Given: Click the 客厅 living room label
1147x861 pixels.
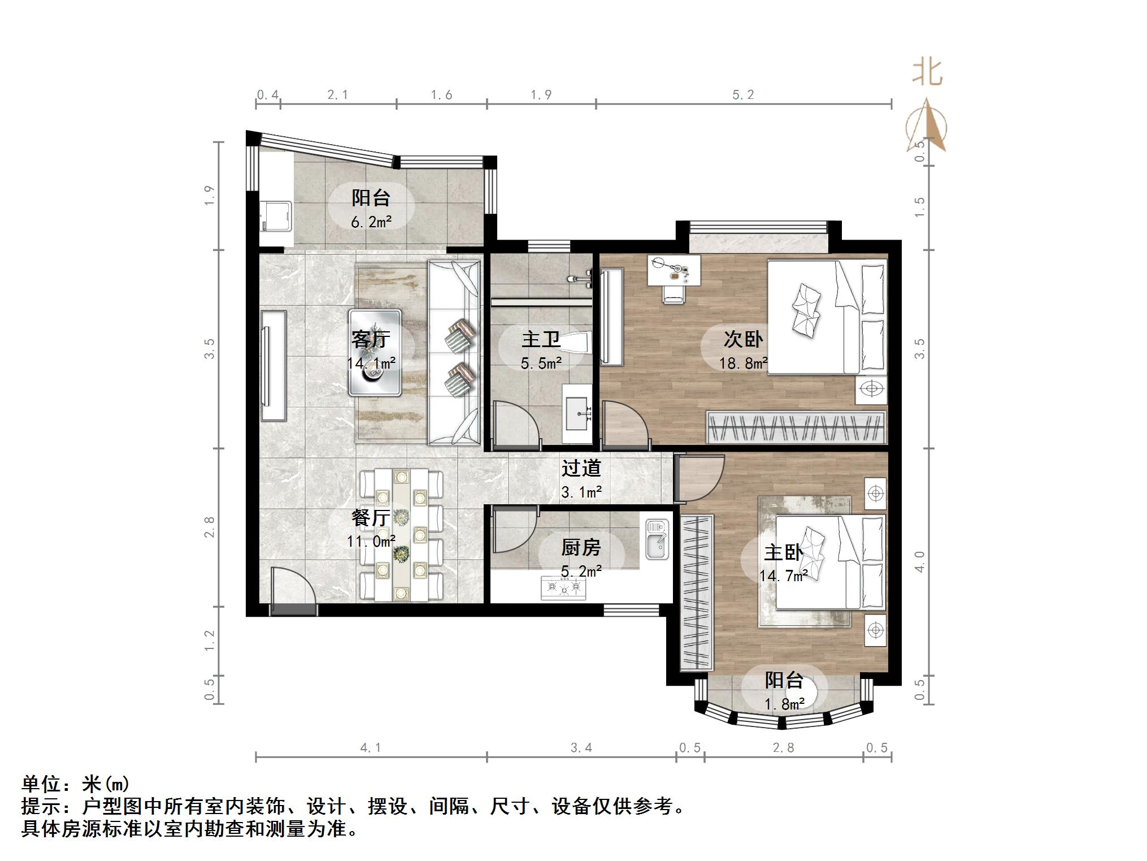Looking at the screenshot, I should click(371, 339).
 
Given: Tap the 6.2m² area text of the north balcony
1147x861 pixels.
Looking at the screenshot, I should click(371, 222).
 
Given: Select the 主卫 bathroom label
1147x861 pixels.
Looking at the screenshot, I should click(541, 339).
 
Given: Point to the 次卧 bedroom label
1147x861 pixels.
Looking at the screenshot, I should click(743, 339).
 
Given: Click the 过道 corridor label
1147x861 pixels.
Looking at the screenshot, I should click(581, 468).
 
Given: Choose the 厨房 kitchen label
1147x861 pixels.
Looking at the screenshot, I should click(581, 547).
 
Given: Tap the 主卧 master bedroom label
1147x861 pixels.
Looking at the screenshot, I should click(783, 552).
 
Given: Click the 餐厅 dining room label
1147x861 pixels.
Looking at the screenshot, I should click(371, 517).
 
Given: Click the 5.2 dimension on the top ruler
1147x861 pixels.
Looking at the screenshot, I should click(743, 95).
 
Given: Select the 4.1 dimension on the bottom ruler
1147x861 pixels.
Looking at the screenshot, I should click(371, 748).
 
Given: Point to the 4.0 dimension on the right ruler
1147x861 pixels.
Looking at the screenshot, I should click(920, 561).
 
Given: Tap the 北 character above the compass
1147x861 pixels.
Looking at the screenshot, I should click(927, 72).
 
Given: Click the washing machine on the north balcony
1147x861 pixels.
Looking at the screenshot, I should click(275, 217).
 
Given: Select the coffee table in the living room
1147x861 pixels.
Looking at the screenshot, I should click(375, 352).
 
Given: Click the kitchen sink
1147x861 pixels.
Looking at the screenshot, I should click(657, 539).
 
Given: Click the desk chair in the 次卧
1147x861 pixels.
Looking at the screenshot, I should click(672, 294).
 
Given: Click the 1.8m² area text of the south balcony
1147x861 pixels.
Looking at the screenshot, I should click(784, 704).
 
